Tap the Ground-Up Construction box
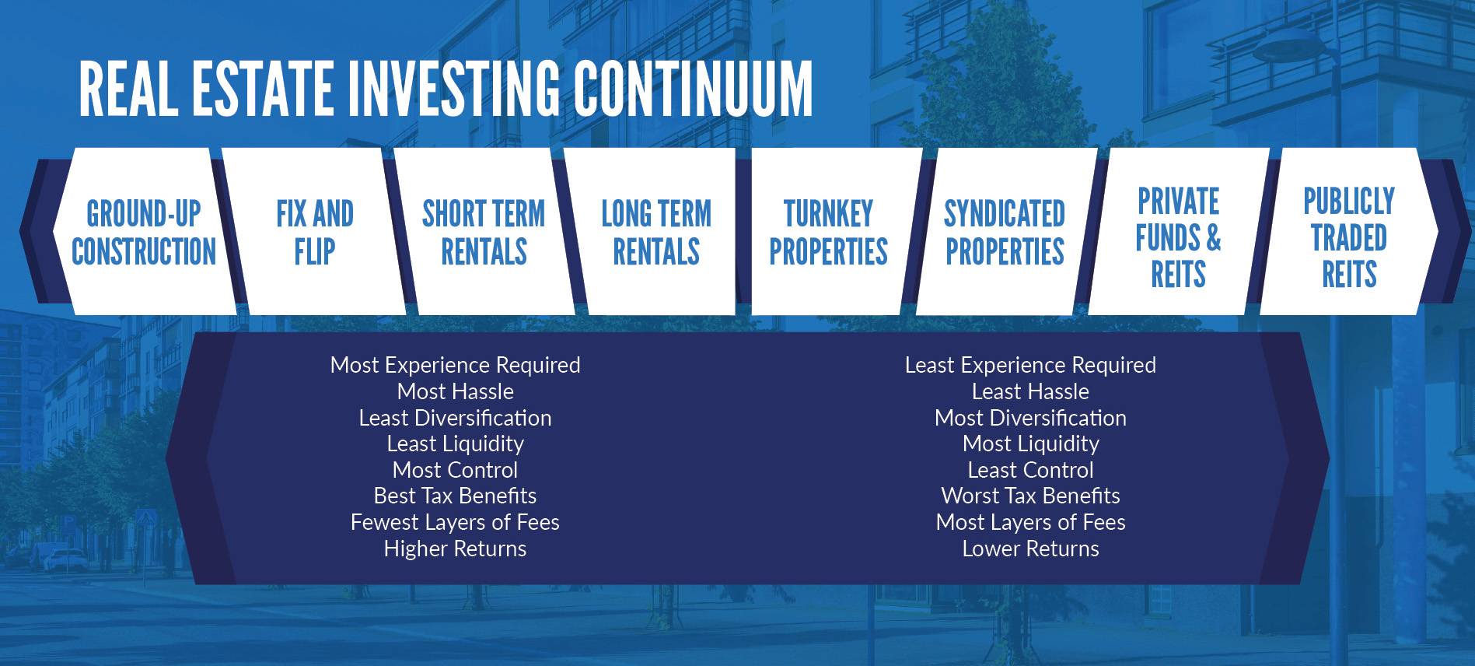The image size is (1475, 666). (144, 232)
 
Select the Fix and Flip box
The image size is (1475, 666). (314, 232)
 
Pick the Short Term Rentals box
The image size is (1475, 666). (484, 232)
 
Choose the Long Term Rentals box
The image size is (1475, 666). (655, 232)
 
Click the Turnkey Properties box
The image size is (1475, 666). (829, 232)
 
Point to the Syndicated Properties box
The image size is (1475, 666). (1005, 232)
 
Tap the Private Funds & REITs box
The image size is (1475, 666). (1178, 232)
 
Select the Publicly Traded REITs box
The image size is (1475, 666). (1349, 232)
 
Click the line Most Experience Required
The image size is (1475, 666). (455, 365)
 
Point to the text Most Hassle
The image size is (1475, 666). (455, 391)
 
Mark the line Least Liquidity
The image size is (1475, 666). (455, 443)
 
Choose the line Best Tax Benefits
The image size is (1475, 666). (455, 496)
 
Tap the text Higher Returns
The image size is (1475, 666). (455, 549)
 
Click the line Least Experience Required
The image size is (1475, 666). (1030, 365)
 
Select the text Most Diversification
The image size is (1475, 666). (1030, 418)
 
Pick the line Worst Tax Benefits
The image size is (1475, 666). (1030, 496)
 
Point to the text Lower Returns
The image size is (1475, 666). (1030, 549)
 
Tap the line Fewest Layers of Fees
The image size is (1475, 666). (455, 522)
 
